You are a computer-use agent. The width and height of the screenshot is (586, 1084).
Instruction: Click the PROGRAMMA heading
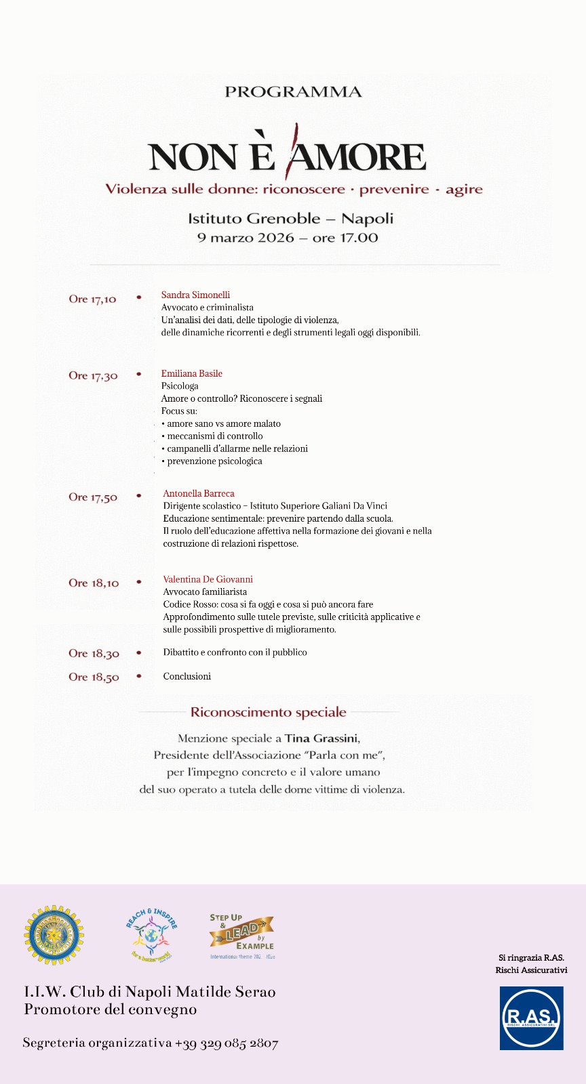(293, 92)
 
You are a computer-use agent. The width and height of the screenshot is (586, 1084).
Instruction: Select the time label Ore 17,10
(92, 299)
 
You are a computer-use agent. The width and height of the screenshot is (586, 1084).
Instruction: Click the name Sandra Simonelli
(195, 295)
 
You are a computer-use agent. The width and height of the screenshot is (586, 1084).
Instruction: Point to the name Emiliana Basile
(191, 373)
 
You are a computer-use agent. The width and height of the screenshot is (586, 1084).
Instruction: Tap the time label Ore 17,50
(93, 497)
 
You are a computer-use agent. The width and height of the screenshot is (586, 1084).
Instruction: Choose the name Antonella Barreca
(199, 493)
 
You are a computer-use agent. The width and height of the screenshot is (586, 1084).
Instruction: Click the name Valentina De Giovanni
(208, 579)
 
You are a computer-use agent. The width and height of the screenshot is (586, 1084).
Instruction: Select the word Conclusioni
(187, 676)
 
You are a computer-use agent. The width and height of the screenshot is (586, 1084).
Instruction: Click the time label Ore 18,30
(94, 654)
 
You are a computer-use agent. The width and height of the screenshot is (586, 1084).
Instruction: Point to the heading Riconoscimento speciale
(268, 712)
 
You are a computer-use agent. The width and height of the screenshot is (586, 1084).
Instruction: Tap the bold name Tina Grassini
(321, 738)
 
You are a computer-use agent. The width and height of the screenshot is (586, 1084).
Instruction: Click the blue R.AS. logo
(531, 1018)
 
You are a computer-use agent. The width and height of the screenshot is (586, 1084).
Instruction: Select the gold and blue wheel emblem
(54, 935)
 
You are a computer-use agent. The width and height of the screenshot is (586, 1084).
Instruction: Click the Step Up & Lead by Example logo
(241, 935)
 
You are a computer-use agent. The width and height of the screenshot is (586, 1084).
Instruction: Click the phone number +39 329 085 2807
(227, 1043)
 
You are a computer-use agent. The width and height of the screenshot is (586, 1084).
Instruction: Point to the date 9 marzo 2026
(246, 238)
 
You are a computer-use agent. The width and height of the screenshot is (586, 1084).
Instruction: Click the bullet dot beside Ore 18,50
(139, 676)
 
